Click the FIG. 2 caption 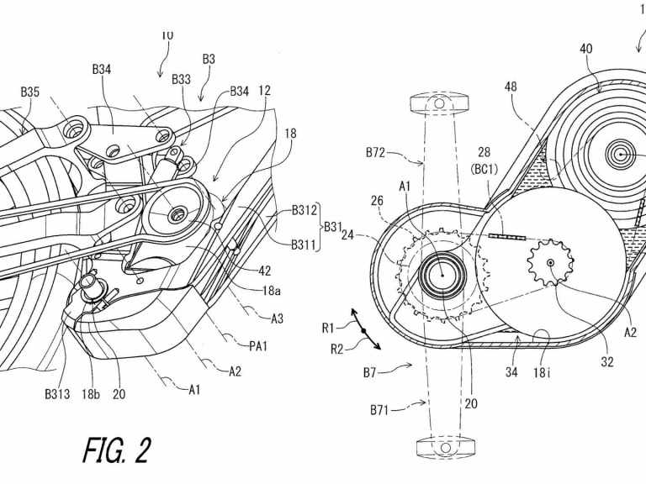pyautogui.click(x=118, y=450)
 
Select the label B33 pyautogui.click(x=181, y=80)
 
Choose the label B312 pyautogui.click(x=305, y=211)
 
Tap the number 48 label pyautogui.click(x=511, y=87)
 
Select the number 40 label pyautogui.click(x=585, y=49)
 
